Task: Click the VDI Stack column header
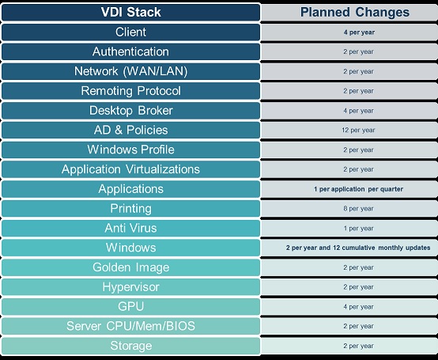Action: [x=130, y=13]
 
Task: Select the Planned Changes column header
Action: [x=355, y=13]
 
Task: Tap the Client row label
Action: [x=130, y=32]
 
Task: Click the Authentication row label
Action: [x=130, y=51]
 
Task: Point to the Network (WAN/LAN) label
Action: [x=130, y=71]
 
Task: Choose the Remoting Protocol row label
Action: [x=130, y=91]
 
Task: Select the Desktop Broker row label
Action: [x=130, y=111]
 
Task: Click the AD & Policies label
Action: [x=130, y=131]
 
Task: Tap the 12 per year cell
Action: [x=358, y=131]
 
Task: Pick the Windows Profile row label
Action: [x=130, y=150]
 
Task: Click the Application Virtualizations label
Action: [x=130, y=169]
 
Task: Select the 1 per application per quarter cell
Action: [x=358, y=189]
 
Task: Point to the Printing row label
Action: [x=130, y=209]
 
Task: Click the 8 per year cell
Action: [x=358, y=209]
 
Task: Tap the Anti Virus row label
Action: [x=130, y=229]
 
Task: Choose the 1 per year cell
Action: [x=358, y=229]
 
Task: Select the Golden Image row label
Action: [x=130, y=267]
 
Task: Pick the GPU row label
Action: [x=130, y=307]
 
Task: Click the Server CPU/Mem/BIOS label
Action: [x=130, y=326]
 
